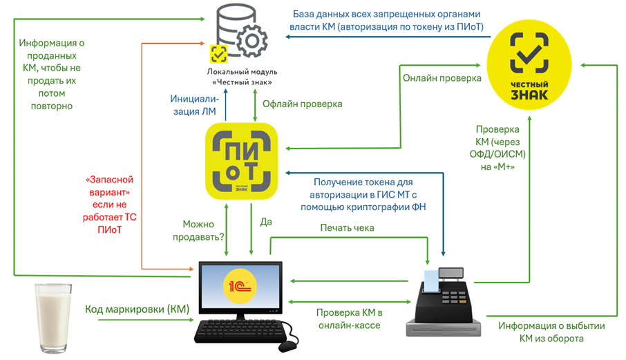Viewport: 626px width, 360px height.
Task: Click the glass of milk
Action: pos(53,318)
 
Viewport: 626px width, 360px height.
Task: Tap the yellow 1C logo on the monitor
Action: pos(240,286)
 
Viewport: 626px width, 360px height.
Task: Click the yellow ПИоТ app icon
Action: pos(241,161)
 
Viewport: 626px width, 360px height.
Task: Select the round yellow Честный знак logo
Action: pos(529,65)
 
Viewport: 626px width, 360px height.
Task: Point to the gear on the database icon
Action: pos(252,40)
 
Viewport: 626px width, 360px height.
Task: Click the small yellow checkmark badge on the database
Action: pos(219,54)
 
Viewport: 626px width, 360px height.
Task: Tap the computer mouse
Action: pos(287,346)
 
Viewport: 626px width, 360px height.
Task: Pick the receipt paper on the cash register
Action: pos(431,281)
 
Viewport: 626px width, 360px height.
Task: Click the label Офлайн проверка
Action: pos(302,104)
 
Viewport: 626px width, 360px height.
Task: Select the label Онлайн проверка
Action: pos(442,78)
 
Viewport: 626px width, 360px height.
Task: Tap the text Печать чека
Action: pos(347,228)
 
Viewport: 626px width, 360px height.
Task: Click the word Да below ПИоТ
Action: pos(266,222)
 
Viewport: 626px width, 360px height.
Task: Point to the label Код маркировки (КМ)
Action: pos(137,310)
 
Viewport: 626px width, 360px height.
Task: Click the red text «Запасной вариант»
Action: pos(109,186)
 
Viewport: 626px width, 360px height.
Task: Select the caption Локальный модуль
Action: pos(242,72)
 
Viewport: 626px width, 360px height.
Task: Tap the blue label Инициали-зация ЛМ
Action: pos(194,105)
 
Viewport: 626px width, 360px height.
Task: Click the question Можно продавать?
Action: pos(198,231)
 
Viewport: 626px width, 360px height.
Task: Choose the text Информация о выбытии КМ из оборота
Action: pos(551,332)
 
